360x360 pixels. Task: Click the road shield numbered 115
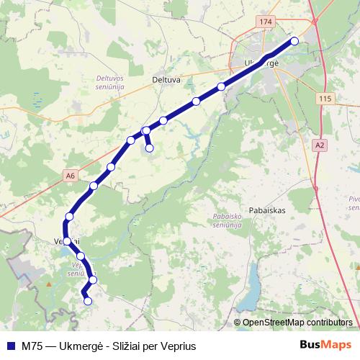pyautogui.click(x=326, y=98)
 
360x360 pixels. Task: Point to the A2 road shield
pyautogui.click(x=320, y=145)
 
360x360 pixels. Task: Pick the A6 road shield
pyautogui.click(x=70, y=175)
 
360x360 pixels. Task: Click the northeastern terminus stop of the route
pyautogui.click(x=294, y=41)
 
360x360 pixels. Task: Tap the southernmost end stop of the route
pyautogui.click(x=88, y=302)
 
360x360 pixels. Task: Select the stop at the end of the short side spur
pyautogui.click(x=150, y=148)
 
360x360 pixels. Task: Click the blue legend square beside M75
pyautogui.click(x=11, y=346)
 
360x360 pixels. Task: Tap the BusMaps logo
pyautogui.click(x=325, y=346)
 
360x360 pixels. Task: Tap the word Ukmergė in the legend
pyautogui.click(x=84, y=346)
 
